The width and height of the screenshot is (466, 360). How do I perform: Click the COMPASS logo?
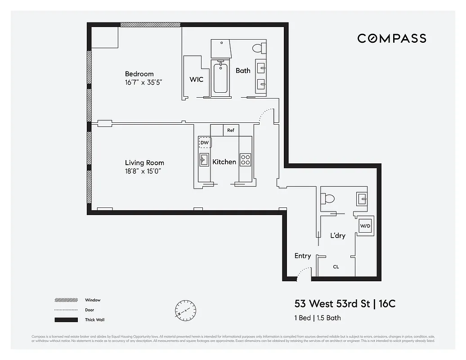391,39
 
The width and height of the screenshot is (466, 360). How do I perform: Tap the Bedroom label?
139,74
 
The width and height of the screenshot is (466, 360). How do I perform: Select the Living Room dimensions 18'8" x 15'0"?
143,171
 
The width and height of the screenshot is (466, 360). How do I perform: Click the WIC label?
196,80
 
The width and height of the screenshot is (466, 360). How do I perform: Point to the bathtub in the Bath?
220,78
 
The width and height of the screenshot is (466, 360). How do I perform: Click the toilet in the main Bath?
258,47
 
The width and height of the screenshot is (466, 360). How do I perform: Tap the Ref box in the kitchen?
231,130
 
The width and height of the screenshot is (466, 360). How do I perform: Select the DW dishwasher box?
205,143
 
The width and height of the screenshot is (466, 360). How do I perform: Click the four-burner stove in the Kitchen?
246,159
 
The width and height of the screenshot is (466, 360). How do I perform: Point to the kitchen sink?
204,159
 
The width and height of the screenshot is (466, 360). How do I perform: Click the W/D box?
364,226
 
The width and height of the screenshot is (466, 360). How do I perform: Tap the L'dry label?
337,235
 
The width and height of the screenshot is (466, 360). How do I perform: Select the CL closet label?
336,267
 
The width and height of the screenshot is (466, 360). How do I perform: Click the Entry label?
302,256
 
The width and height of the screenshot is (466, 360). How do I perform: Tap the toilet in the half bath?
328,198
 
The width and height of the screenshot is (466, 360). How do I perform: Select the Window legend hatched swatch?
66,300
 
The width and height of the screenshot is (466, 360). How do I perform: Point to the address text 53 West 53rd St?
332,304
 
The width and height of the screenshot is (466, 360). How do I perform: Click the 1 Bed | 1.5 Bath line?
318,318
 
